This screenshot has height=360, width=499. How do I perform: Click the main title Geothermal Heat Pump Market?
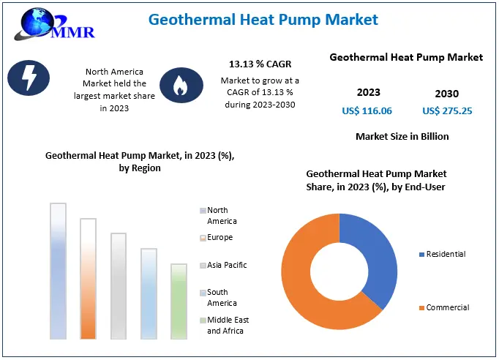(x=263, y=20)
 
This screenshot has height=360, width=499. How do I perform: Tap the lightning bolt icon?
(x=28, y=77)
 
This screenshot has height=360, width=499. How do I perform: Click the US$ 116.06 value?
(x=367, y=111)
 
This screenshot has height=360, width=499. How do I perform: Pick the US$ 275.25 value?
(x=447, y=111)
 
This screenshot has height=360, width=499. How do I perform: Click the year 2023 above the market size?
(x=368, y=93)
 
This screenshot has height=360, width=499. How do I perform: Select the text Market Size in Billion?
(x=402, y=136)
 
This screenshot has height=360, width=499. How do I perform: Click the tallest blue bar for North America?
(x=59, y=271)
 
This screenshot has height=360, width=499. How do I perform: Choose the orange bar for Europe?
(x=88, y=279)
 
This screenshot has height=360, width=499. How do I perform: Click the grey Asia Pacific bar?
(x=119, y=286)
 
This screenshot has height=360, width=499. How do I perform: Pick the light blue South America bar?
(x=149, y=293)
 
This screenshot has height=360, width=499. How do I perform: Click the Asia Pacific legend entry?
(x=226, y=265)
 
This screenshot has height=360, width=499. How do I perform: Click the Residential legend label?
(x=446, y=254)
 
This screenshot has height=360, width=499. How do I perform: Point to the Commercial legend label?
(x=447, y=307)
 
